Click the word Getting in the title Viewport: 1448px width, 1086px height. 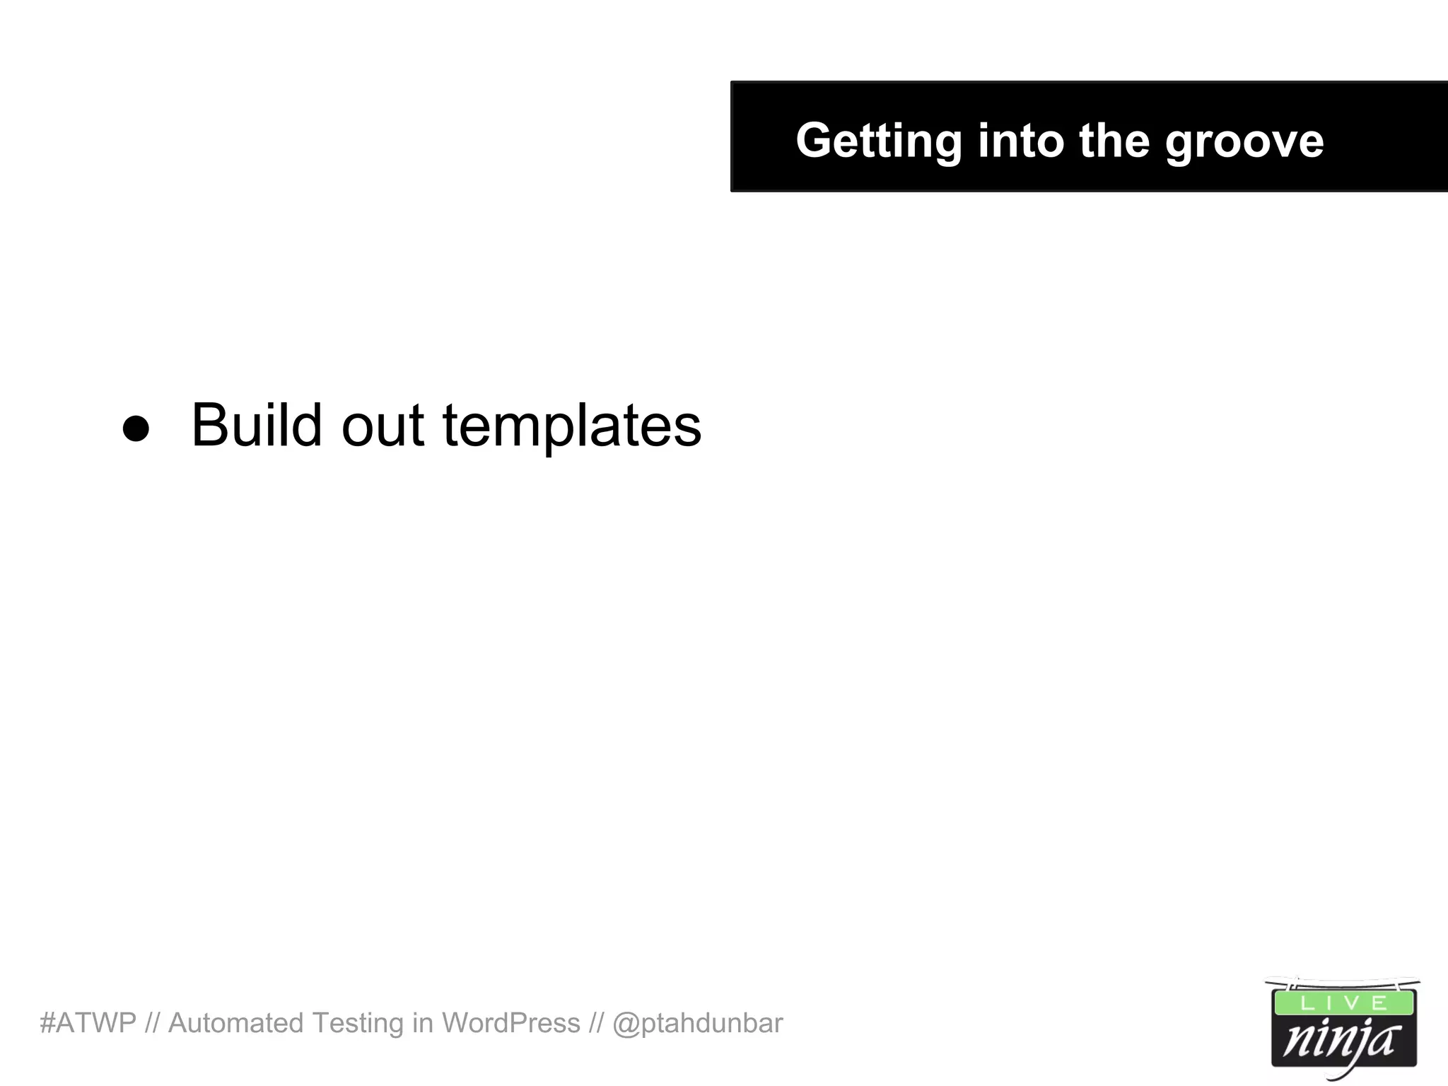[878, 141]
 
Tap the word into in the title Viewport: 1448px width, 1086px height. [1021, 140]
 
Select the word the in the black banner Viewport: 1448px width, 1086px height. [1114, 140]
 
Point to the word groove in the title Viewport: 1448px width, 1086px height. [1244, 141]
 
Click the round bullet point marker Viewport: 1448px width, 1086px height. [136, 428]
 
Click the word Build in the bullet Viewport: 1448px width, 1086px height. [257, 425]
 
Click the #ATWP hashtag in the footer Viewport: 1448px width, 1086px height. [88, 1023]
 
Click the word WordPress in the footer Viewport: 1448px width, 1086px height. [510, 1023]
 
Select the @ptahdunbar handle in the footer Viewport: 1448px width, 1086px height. [698, 1023]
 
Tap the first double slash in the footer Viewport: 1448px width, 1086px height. [152, 1023]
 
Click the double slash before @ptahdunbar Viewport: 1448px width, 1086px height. [596, 1023]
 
